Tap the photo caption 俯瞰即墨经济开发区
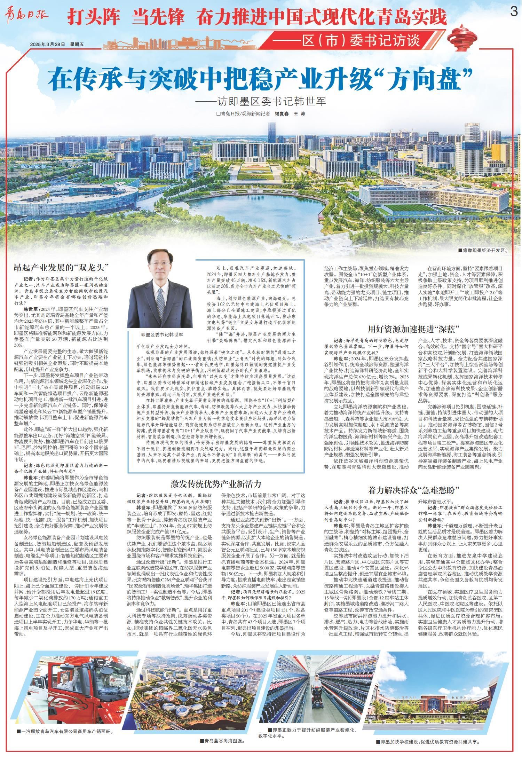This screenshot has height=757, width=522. pos(484,250)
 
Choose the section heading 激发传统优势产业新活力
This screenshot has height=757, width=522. pos(216,484)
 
